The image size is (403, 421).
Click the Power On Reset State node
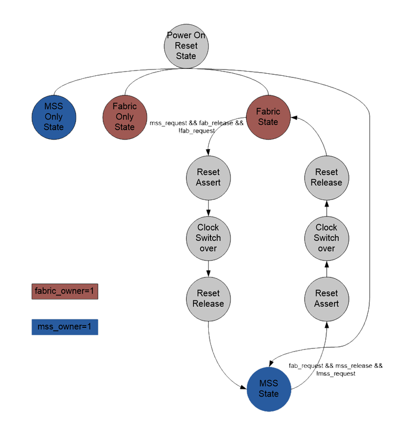tap(186, 46)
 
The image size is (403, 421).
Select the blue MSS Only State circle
tap(54, 117)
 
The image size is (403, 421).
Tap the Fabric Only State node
tap(125, 117)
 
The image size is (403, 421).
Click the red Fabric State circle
tap(268, 117)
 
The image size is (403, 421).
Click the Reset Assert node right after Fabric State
tap(208, 177)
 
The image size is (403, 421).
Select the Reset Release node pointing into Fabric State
tap(327, 177)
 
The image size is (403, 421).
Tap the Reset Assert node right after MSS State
tap(327, 298)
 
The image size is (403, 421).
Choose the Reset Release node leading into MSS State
tap(208, 298)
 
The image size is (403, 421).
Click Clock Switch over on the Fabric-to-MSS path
tap(208, 238)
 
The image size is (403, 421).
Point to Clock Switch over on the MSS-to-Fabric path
tap(327, 238)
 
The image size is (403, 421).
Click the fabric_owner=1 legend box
tap(65, 290)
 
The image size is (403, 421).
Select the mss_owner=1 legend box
tap(65, 327)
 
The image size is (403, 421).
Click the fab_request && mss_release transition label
tap(336, 369)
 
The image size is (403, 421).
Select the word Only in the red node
tap(125, 117)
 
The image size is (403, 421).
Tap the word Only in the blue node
tap(54, 117)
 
